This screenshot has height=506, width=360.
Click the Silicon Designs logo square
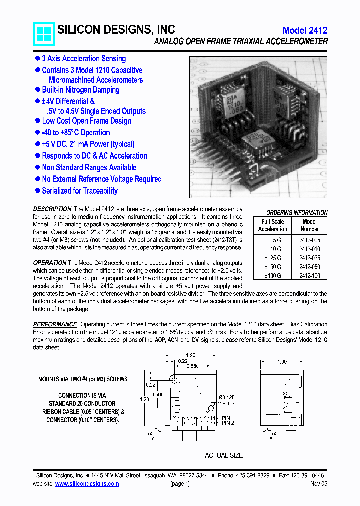pyautogui.click(x=43, y=34)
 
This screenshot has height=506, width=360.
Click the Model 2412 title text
pyautogui.click(x=305, y=30)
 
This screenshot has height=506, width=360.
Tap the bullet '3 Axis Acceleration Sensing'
pyautogui.click(x=84, y=59)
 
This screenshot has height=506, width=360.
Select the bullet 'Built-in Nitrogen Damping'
pyautogui.click(x=80, y=90)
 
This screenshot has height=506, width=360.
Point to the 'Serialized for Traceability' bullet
pyautogui.click(x=80, y=191)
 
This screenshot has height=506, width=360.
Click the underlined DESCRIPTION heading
pyautogui.click(x=52, y=209)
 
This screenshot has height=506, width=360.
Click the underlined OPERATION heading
pyautogui.click(x=49, y=263)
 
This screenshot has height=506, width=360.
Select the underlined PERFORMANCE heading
pyautogui.click(x=55, y=324)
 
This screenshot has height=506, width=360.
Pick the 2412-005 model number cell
pyautogui.click(x=309, y=240)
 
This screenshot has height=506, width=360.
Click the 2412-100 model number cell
pyautogui.click(x=309, y=276)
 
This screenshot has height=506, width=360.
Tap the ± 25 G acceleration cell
pyautogui.click(x=273, y=258)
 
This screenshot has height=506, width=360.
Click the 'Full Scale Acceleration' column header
pyautogui.click(x=272, y=225)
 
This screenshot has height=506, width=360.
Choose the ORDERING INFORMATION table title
pyautogui.click(x=296, y=213)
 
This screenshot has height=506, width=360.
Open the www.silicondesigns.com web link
pyautogui.click(x=87, y=484)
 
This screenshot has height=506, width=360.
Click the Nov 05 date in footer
pyautogui.click(x=319, y=484)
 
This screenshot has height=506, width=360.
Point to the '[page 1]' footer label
pyautogui.click(x=180, y=484)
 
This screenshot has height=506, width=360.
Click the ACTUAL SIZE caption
pyautogui.click(x=224, y=455)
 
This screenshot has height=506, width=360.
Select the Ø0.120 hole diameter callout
pyautogui.click(x=225, y=397)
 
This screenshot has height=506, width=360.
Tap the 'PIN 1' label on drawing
pyautogui.click(x=228, y=418)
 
